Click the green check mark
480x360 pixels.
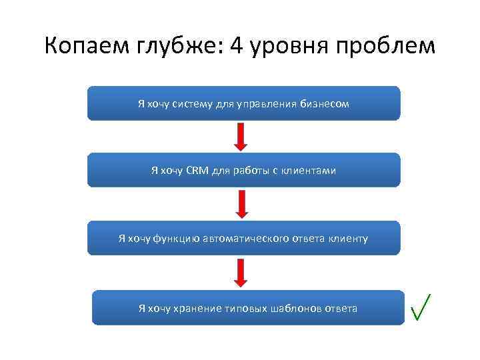(421, 307)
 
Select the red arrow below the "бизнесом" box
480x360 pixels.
(242, 137)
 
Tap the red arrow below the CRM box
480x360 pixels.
(242, 203)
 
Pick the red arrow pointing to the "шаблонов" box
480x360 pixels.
(242, 273)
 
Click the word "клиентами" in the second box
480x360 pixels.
(309, 171)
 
